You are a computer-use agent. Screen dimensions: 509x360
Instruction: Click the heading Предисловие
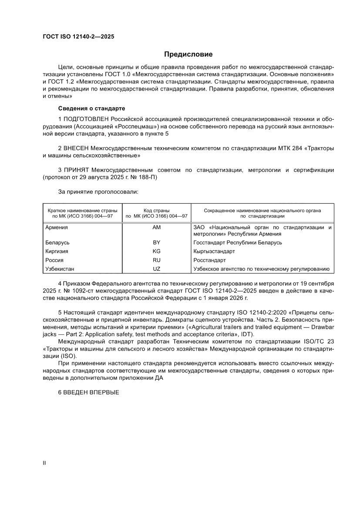click(x=188, y=54)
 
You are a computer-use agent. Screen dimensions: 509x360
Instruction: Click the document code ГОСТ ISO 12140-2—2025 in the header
click(x=78, y=37)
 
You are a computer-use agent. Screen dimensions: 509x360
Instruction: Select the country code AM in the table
click(x=156, y=227)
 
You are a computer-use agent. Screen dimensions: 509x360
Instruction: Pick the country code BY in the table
click(x=156, y=243)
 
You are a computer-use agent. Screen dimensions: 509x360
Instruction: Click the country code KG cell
click(x=156, y=251)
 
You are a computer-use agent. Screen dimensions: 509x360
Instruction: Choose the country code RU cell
click(x=156, y=260)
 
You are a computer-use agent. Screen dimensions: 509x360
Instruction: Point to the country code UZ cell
click(x=156, y=269)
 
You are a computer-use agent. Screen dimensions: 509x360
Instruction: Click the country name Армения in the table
click(x=57, y=227)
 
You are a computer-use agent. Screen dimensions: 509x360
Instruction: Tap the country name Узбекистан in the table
click(x=60, y=269)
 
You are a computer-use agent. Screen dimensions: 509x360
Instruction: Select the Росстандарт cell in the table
click(x=209, y=260)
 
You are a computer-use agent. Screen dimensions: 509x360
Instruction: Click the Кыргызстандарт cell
click(x=214, y=251)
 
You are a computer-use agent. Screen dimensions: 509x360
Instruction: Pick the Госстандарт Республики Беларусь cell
click(x=237, y=243)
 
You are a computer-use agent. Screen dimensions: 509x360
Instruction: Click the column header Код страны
click(x=156, y=210)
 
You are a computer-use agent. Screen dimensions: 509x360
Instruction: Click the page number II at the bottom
click(x=44, y=463)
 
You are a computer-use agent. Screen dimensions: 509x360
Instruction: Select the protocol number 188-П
click(x=152, y=178)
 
